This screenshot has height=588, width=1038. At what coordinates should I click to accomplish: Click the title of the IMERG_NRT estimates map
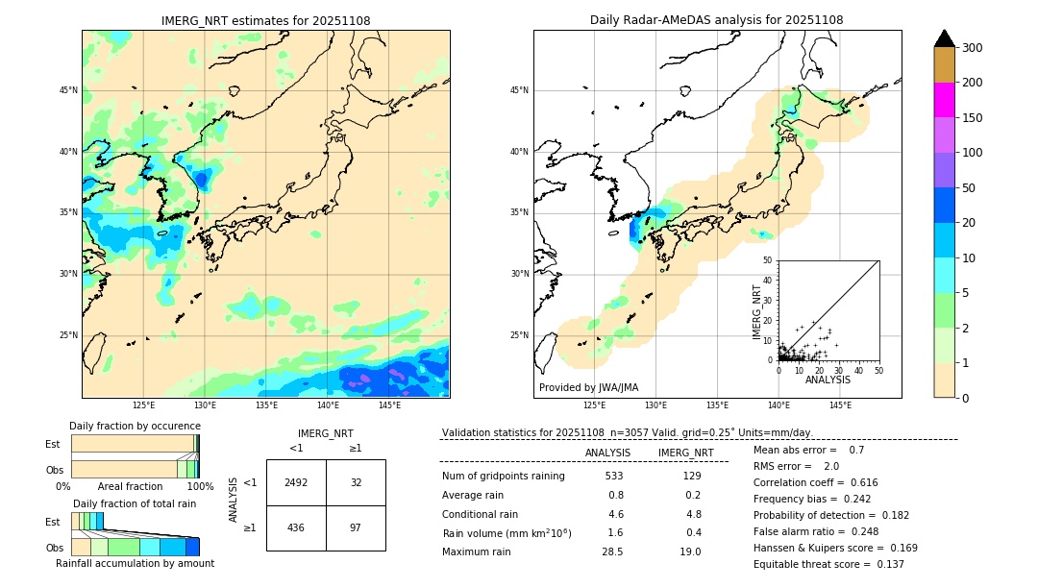click(x=265, y=20)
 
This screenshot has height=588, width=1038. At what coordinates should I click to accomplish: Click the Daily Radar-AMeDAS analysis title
click(x=716, y=20)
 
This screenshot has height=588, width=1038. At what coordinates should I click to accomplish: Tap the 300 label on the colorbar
click(x=973, y=48)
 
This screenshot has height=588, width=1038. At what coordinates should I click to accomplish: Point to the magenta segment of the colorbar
click(x=945, y=100)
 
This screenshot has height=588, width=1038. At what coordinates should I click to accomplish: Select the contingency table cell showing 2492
click(x=296, y=482)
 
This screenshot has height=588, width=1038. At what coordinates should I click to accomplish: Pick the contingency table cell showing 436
click(x=296, y=528)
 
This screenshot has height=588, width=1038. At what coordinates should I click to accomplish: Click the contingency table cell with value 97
click(x=356, y=528)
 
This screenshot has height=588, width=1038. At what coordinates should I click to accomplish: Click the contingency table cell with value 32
click(x=356, y=482)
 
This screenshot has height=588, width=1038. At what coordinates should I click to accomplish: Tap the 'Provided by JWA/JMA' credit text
click(x=588, y=387)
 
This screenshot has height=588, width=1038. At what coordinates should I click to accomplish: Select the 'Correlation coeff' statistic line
click(x=816, y=482)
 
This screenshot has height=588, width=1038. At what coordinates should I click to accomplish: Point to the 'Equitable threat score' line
click(x=828, y=564)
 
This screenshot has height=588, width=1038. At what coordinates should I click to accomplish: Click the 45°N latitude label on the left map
click(x=68, y=90)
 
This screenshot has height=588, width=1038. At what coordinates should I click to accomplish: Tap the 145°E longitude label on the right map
click(x=840, y=405)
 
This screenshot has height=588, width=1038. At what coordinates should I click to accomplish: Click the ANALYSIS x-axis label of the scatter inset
click(x=828, y=380)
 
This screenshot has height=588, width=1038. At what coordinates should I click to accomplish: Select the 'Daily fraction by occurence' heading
click(x=134, y=426)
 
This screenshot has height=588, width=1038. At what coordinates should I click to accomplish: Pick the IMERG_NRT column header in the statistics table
click(x=685, y=453)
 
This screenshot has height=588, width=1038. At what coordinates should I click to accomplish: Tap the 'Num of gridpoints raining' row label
click(x=504, y=476)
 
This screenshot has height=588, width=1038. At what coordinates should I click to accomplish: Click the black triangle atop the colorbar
click(x=945, y=38)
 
